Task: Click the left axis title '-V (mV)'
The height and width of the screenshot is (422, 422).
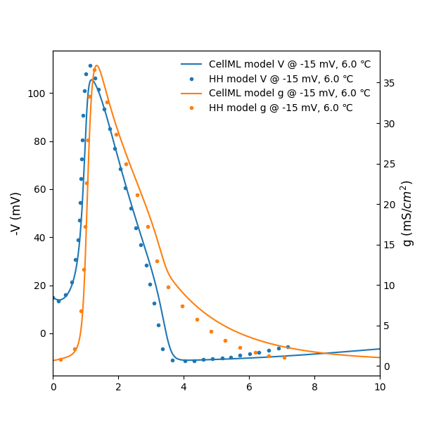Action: coord(16,213)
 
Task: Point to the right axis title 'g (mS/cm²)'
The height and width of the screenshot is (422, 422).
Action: coord(407,213)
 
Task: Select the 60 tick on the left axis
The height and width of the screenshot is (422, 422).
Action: coord(42,189)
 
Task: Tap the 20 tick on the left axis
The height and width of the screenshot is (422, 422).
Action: coord(42,286)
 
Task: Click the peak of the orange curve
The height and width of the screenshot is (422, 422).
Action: coord(96,65)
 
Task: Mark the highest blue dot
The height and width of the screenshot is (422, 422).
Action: coord(90,65)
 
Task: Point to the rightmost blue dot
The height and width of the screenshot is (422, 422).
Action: coord(288,347)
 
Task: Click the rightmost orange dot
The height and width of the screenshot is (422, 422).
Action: coord(284,357)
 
